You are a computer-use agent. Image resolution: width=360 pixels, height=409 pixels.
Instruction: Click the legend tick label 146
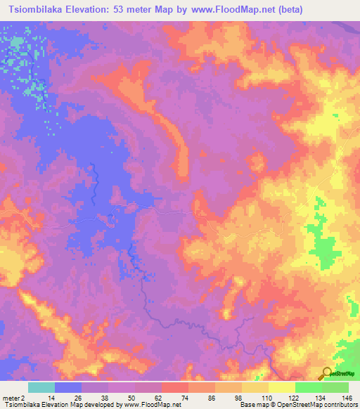tap(347, 398)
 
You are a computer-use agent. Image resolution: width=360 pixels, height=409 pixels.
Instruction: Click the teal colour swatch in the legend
tap(41, 387)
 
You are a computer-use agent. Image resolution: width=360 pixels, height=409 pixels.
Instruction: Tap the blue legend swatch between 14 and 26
tap(67, 387)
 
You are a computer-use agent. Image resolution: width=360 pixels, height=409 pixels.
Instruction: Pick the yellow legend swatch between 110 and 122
tap(281, 387)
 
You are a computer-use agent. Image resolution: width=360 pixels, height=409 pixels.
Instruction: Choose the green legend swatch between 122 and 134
tap(308, 387)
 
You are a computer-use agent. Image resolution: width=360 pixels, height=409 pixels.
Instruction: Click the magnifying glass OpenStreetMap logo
tap(326, 374)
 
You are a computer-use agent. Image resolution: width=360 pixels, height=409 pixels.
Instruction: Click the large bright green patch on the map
tap(323, 250)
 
